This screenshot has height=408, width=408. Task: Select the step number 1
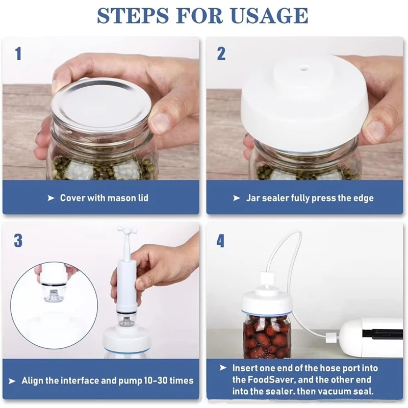click(18, 54)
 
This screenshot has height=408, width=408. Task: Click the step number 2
click(221, 54)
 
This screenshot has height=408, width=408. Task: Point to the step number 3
click(18, 241)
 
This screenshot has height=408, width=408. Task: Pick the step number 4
click(220, 241)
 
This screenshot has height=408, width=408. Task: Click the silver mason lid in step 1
click(101, 104)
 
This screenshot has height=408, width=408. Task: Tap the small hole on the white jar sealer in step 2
click(303, 69)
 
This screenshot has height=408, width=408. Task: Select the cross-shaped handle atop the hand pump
click(126, 230)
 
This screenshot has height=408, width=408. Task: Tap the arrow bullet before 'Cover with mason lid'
click(51, 198)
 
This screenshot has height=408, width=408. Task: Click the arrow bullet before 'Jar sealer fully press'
click(237, 198)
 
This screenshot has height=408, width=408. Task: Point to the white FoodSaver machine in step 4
click(372, 337)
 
